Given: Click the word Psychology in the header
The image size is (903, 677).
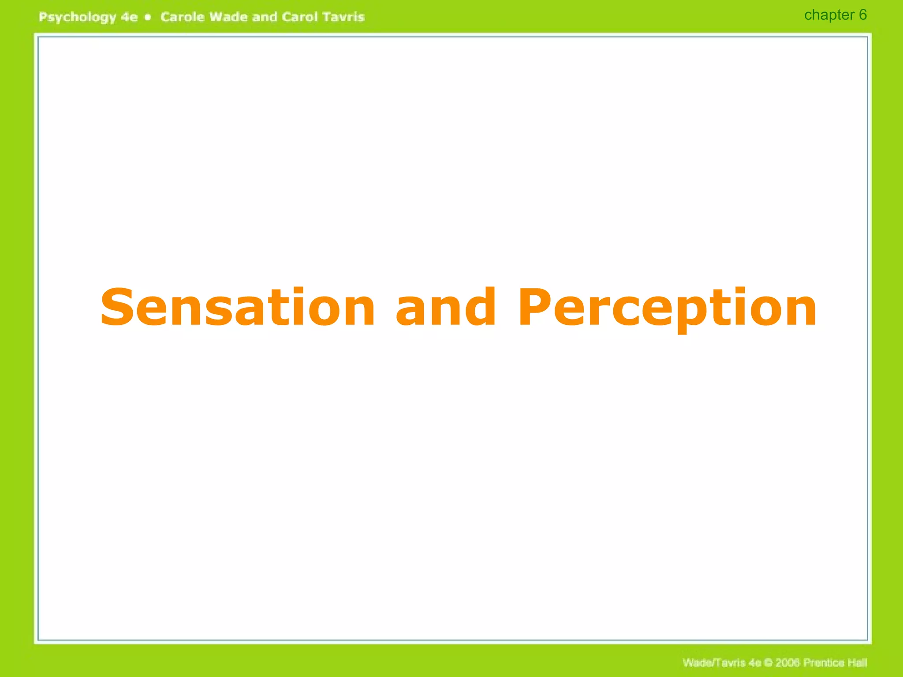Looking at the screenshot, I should tap(77, 17).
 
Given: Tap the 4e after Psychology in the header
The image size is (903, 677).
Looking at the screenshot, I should tap(129, 17).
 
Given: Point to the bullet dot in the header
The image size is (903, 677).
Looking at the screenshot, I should tap(149, 17).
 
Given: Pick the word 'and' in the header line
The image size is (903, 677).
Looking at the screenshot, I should tap(265, 17).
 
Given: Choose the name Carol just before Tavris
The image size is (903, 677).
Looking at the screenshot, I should tap(299, 17).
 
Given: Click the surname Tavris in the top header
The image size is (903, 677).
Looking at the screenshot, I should tap(343, 17).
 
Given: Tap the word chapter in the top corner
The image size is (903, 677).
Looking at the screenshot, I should tap(829, 15).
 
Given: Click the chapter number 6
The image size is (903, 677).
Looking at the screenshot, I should tap(863, 15).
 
